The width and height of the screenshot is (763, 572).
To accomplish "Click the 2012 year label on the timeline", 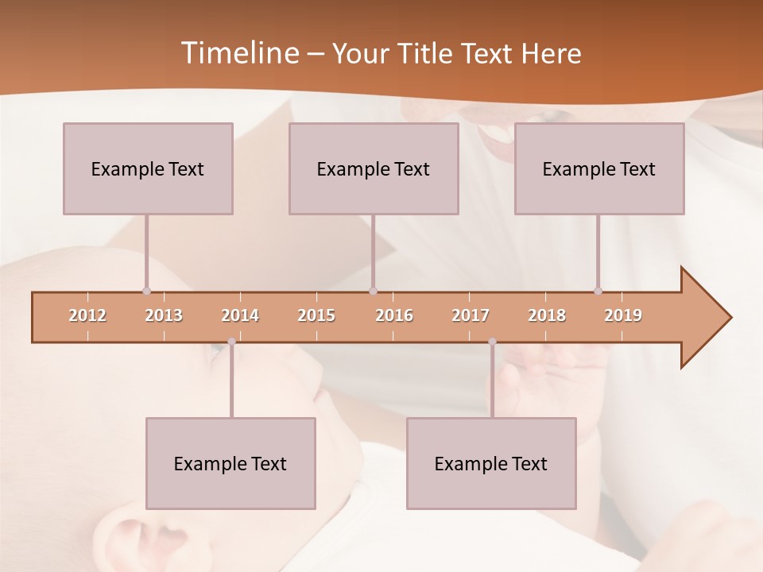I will tap(87, 315).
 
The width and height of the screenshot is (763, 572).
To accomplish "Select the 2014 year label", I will tap(240, 315).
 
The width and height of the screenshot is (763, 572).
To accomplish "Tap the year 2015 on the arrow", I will tap(316, 315).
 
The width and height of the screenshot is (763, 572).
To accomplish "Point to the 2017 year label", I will tap(471, 315).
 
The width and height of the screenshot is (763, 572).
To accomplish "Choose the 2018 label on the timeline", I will tap(547, 315).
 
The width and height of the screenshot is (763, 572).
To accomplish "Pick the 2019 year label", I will tap(623, 315).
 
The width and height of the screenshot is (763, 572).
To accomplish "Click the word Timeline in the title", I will tap(238, 53).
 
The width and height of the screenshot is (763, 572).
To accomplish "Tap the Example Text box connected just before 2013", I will tap(148, 168).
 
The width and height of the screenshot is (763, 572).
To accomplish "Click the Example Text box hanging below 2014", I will tap(230, 463).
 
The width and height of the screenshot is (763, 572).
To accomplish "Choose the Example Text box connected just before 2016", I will tap(374, 168).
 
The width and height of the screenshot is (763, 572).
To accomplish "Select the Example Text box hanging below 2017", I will tap(491, 463).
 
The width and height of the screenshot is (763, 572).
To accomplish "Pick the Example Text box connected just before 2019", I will tap(599, 168).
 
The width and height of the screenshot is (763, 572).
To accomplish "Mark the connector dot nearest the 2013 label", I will tap(146, 291).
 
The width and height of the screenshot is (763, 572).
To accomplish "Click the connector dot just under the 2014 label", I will tap(231, 342).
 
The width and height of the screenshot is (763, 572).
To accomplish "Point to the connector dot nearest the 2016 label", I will tap(373, 291).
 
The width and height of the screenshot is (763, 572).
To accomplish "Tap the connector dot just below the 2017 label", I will tap(492, 342).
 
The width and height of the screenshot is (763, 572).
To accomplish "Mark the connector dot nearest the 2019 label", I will tap(598, 291).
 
